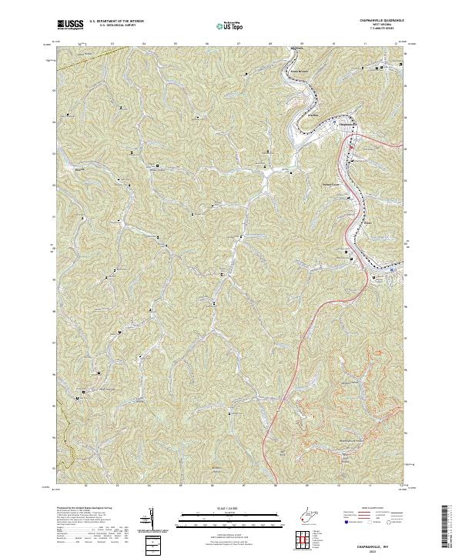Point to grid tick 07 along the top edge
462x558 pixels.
[239, 44]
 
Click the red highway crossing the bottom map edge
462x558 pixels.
[263, 477]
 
